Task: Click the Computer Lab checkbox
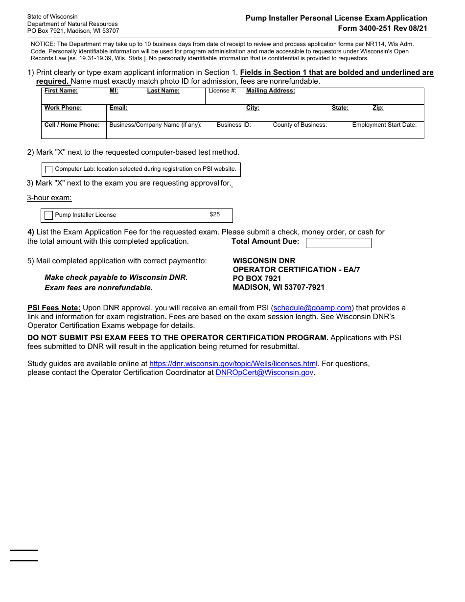pos(48,169)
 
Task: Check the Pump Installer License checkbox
pos(48,215)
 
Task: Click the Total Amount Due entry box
pos(338,243)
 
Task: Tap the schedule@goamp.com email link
pos(312,308)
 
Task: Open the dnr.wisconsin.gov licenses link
pos(233,364)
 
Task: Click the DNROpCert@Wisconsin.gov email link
pos(264,372)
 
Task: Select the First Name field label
pos(61,91)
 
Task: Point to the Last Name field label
pos(163,91)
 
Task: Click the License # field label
pos(222,91)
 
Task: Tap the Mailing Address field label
pos(271,91)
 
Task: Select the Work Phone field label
pos(63,108)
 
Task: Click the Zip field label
pos(378,108)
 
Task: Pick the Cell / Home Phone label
pos(72,125)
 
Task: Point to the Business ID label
pos(234,125)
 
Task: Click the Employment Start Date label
pos(384,125)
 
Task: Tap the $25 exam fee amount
pos(215,214)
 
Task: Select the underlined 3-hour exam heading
pos(49,198)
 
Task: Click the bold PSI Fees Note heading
pos(54,308)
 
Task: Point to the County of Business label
pos(300,125)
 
